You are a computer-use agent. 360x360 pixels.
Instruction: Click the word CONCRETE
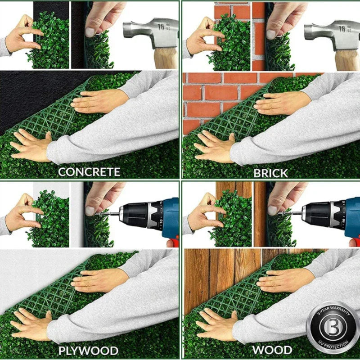pos(89,171)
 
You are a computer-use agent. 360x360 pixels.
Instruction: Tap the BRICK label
pos(270,172)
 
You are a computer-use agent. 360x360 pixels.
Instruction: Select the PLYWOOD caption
pos(88,351)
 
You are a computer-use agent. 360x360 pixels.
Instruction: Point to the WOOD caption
pos(272,350)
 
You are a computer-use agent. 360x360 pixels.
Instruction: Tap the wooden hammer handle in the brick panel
pos(346,58)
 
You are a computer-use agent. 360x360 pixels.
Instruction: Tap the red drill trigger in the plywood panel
pos(172,243)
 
